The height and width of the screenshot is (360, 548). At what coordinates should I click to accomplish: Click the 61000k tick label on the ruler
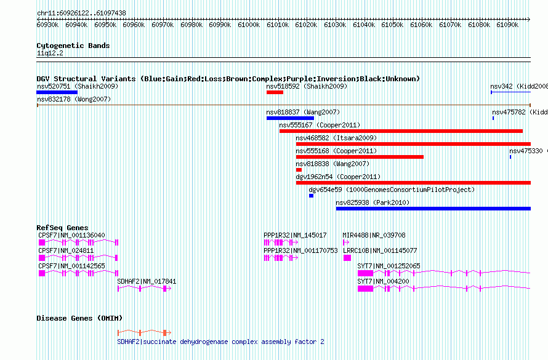point(249,25)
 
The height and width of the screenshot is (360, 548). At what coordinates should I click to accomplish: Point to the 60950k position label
point(105,25)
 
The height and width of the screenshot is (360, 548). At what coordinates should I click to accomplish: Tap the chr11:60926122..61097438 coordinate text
point(81,13)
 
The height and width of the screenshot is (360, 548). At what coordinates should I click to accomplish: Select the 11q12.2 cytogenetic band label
point(50,53)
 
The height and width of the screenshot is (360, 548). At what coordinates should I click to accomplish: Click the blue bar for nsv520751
point(57,92)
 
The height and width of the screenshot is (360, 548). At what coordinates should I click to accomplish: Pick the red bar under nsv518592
point(275,92)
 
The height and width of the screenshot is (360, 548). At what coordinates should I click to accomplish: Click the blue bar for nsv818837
point(290,118)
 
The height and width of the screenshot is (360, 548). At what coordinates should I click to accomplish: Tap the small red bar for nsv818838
point(299,170)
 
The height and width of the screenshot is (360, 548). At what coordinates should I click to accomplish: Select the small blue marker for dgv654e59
point(311,196)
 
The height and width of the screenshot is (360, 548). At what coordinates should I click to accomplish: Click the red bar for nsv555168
point(360,157)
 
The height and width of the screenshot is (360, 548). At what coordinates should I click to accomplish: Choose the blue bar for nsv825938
point(433,209)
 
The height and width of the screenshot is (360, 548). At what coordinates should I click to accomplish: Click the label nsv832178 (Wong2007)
point(74,99)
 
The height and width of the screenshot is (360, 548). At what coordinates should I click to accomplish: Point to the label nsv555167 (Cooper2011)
point(320,125)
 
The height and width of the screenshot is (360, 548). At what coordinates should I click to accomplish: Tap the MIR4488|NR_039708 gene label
point(374,235)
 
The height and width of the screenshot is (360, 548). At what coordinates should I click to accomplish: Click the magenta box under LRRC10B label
point(347,258)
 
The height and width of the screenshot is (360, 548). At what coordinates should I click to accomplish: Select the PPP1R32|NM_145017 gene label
point(295,235)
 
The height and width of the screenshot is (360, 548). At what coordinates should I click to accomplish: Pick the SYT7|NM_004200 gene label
point(383,281)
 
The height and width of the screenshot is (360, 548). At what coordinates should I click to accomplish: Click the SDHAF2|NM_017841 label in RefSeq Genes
point(147,281)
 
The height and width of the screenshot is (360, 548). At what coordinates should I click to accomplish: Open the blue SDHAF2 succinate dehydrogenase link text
point(220,342)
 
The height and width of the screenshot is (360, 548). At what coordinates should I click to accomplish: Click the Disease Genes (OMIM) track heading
point(79,318)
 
